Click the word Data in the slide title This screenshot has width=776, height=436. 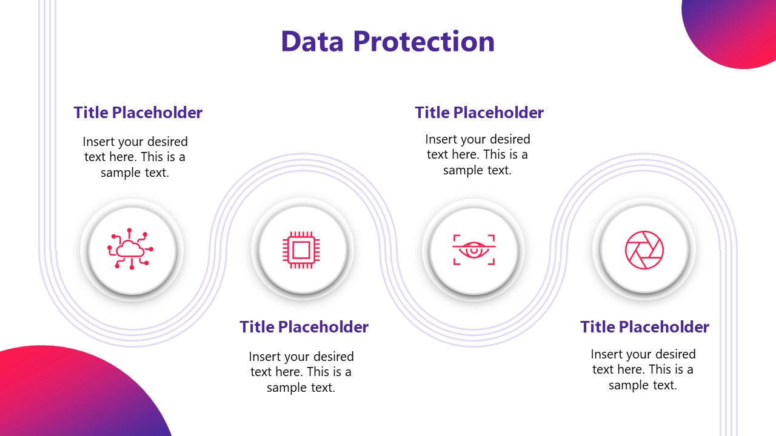312,41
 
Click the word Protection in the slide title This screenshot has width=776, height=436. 424,41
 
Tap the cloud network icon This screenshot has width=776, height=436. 130,248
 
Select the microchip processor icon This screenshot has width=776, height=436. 301,249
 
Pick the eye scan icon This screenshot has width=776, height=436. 473,249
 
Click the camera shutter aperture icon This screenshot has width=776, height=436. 644,249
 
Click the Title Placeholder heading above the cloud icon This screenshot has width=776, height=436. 138,113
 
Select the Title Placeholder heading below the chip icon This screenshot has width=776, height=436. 304,327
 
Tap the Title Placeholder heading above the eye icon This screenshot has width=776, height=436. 479,113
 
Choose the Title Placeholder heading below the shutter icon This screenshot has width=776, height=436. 644,327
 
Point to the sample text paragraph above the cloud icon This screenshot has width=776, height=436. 135,157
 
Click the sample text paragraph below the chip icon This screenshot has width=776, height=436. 301,372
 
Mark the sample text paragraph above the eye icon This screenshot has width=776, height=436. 478,155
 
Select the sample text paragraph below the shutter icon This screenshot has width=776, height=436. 643,369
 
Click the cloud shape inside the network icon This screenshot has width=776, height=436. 130,249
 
